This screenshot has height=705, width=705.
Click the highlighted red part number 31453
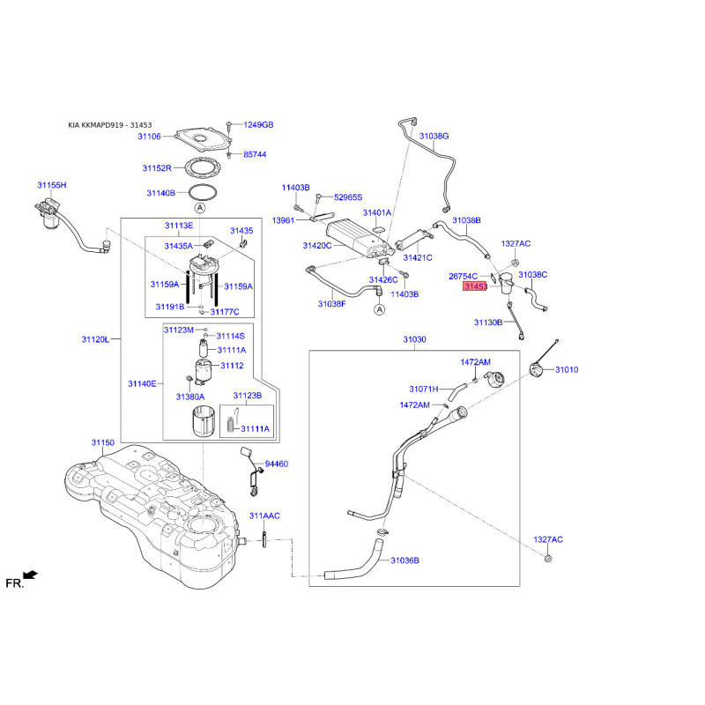pos(476,286)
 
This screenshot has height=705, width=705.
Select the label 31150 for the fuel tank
pos(103,442)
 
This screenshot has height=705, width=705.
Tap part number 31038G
pos(434,137)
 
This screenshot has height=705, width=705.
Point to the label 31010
pos(567,370)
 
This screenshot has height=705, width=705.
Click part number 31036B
pos(404,560)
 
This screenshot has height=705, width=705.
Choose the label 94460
pos(277,464)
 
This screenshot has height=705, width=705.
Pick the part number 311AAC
pos(263,516)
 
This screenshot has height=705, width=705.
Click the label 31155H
pos(52,186)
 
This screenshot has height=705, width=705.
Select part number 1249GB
pos(258,125)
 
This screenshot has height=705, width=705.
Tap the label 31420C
pos(317,246)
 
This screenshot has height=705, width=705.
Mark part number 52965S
pos(348,197)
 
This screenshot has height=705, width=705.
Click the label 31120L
pos(95,339)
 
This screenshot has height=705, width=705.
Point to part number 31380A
pos(190,397)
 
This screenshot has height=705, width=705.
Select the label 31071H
pos(424,389)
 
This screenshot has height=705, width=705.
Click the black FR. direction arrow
pos(30,575)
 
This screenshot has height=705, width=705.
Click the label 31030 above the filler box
pos(414,339)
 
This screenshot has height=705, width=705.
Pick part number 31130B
pos(488,323)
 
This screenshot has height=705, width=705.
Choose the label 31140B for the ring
pos(160,192)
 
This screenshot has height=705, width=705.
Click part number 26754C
pos(463,276)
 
